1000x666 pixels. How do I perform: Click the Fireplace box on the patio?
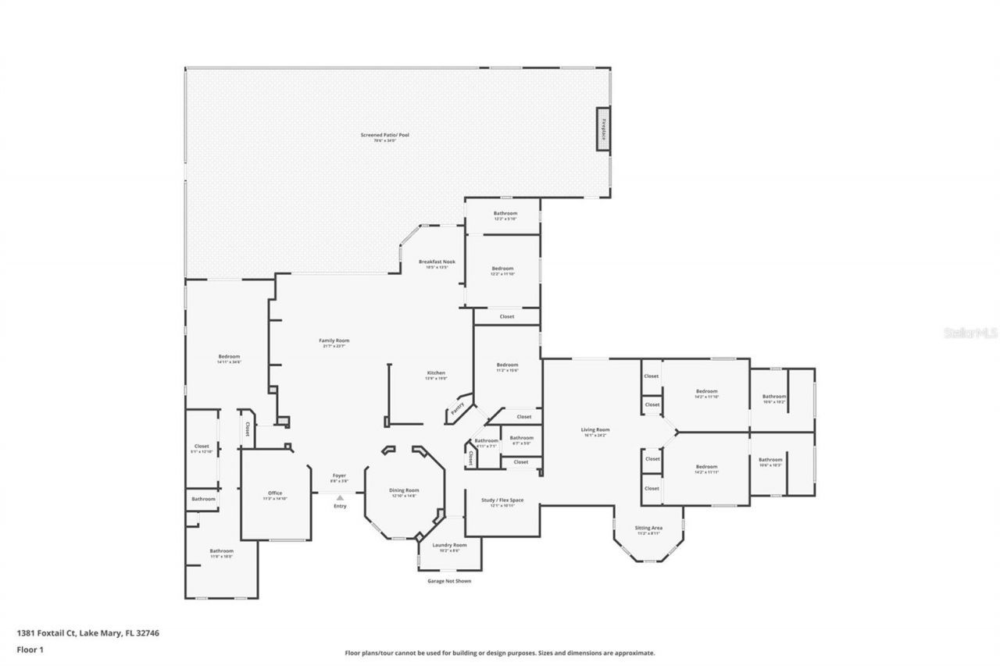[x=603, y=128]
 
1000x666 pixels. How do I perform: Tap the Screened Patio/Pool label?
[x=384, y=137]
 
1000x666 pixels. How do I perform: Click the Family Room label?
[x=334, y=343]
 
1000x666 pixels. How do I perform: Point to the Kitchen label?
[x=436, y=375]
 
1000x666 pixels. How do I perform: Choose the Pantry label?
[x=459, y=408]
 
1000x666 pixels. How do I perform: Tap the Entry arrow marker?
[x=340, y=497]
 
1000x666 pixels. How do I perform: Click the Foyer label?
[x=339, y=476]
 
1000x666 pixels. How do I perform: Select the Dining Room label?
[x=404, y=492]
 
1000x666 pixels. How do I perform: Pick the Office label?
[x=275, y=495]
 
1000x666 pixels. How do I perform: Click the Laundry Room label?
[x=450, y=547]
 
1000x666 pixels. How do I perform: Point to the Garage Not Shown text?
[x=449, y=581]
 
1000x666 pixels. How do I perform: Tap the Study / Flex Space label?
[x=502, y=502]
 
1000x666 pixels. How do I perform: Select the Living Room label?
[x=595, y=432]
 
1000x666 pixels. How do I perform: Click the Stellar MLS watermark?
[x=970, y=333]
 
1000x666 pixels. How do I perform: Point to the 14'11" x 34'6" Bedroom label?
[x=229, y=359]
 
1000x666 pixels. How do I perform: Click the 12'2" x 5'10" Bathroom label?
[x=505, y=215]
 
